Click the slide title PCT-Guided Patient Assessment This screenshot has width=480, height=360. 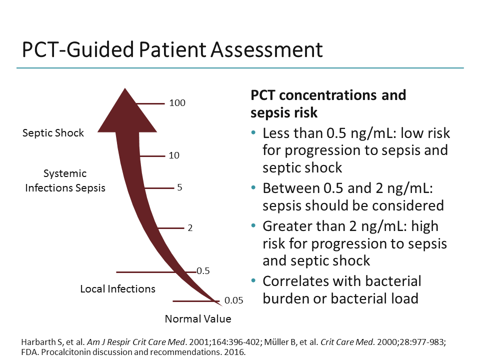click(x=172, y=50)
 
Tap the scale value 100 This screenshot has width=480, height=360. click(x=177, y=103)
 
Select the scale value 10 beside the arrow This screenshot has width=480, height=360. click(x=173, y=155)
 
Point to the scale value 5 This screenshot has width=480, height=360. click(x=179, y=188)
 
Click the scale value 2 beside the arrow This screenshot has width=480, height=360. click(x=190, y=228)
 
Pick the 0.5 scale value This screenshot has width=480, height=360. click(x=203, y=271)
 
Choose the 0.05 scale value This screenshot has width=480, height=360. click(x=233, y=300)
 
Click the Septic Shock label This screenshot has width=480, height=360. click(x=53, y=133)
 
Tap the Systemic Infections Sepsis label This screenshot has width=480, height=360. click(x=65, y=181)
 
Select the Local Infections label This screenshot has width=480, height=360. click(x=117, y=289)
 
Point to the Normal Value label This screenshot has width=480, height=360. click(x=198, y=319)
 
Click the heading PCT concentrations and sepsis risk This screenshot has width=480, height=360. click(x=328, y=103)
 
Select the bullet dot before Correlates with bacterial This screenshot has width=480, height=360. click(x=254, y=281)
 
